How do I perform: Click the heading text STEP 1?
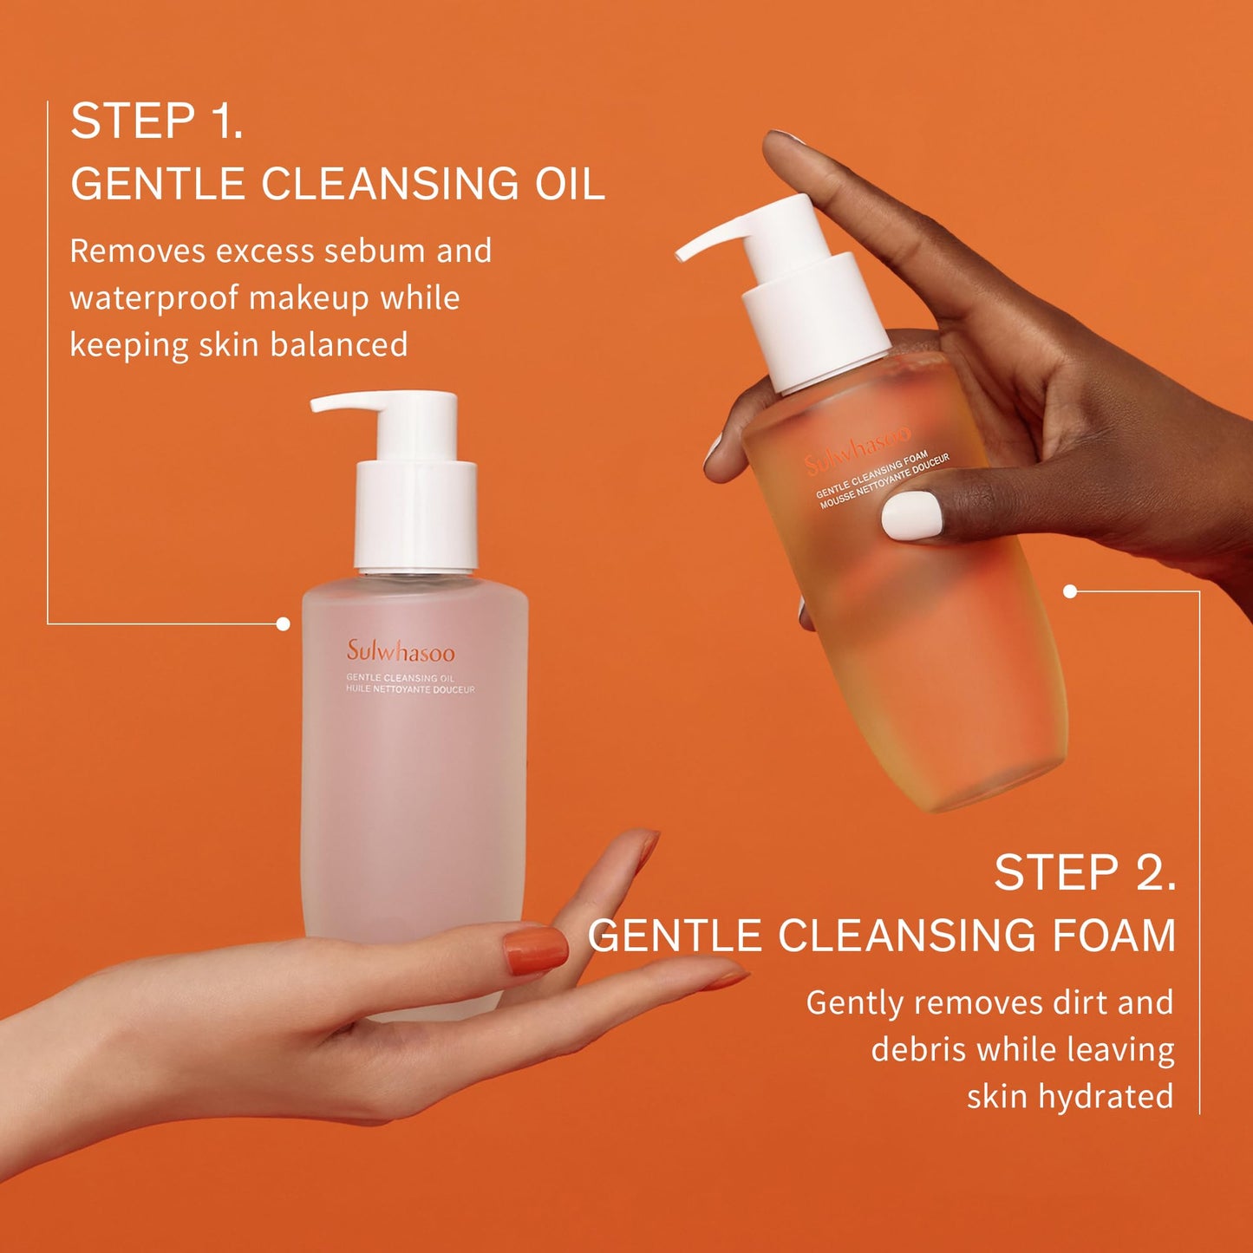156,121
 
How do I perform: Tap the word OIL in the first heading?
569,184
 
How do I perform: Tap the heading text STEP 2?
1084,872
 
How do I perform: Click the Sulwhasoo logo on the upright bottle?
401,651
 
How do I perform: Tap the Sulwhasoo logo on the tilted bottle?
857,450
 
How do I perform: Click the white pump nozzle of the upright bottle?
347,403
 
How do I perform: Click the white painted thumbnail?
911,514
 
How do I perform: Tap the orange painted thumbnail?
534,950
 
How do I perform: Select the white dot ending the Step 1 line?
283,623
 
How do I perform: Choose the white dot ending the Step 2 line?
1070,591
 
